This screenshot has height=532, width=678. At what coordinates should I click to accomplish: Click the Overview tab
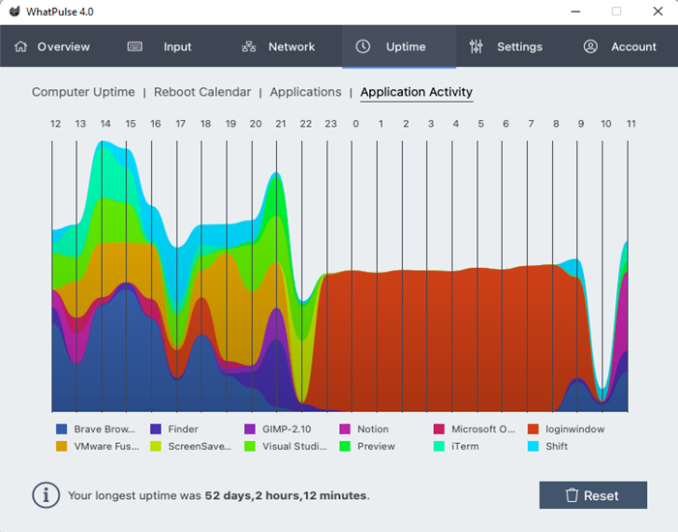(52, 46)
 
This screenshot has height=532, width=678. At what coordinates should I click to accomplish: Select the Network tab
(279, 46)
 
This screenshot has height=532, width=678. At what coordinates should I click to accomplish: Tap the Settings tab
(506, 46)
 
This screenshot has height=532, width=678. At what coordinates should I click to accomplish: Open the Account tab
(620, 46)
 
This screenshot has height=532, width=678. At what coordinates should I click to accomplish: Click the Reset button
(593, 495)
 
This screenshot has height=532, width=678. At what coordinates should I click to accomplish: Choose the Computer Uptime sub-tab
(83, 92)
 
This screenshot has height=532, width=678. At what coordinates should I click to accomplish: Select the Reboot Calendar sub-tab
(202, 92)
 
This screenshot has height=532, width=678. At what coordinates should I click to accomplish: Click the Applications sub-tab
(305, 92)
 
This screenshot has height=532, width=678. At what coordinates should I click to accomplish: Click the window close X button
(658, 12)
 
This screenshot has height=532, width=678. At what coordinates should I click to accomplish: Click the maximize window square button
(616, 12)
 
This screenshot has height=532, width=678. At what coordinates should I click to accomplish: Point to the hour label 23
(330, 124)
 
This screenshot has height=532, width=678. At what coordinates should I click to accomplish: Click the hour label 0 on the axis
(355, 124)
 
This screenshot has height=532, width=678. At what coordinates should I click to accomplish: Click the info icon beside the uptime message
(46, 495)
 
